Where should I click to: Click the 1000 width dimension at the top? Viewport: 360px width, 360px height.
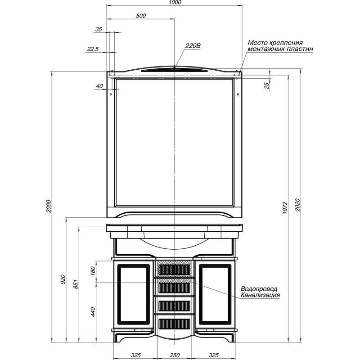(x=175, y=2)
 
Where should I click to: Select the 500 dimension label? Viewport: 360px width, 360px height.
(x=141, y=16)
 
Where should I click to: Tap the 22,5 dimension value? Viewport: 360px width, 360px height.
(x=93, y=49)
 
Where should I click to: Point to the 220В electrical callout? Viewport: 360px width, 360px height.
(x=193, y=46)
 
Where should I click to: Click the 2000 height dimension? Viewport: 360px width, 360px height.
(x=49, y=206)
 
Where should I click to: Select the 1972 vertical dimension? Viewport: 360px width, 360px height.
(x=285, y=208)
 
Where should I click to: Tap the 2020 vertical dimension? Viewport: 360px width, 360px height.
(x=297, y=205)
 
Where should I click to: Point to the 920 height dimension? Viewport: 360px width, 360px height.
(x=63, y=279)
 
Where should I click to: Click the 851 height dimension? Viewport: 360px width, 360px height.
(x=76, y=284)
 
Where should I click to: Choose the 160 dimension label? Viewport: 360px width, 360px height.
(x=93, y=271)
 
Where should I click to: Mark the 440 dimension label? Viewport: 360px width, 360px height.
(x=93, y=312)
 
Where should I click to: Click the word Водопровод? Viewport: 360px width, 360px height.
(x=259, y=289)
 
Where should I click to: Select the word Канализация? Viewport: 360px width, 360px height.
(x=261, y=295)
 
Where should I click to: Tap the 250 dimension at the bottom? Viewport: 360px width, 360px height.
(x=175, y=355)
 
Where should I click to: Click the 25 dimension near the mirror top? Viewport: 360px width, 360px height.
(x=267, y=85)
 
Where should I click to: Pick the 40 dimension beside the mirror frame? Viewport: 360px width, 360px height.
(x=99, y=86)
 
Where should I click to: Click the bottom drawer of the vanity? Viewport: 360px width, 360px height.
(x=175, y=324)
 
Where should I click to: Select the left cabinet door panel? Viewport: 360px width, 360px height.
(x=134, y=294)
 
